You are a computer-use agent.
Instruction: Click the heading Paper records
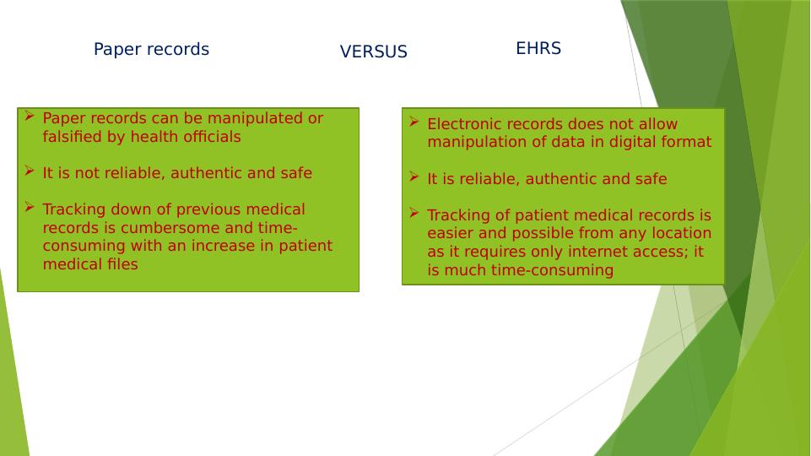[x=151, y=50]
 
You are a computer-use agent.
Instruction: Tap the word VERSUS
[x=374, y=52]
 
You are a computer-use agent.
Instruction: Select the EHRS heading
[x=538, y=48]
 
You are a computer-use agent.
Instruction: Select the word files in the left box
[x=122, y=264]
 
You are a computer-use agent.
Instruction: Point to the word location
[x=681, y=233]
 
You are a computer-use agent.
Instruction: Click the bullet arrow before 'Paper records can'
[x=30, y=116]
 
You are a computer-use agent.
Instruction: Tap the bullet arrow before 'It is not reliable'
[x=30, y=171]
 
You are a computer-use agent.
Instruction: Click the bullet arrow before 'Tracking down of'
[x=30, y=207]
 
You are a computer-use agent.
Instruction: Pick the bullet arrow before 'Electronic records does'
[x=414, y=122]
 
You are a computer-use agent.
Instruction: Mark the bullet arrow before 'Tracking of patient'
[x=414, y=213]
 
